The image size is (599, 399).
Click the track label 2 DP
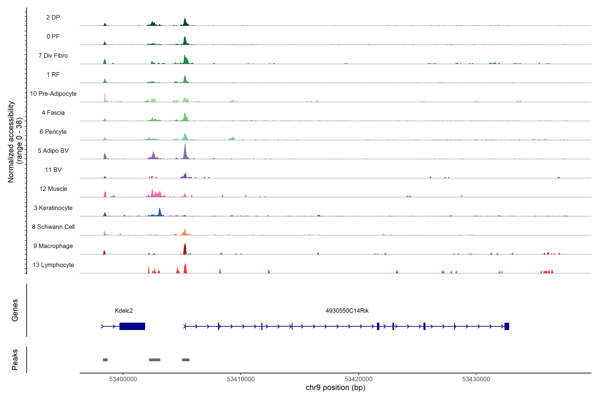[x=53, y=17]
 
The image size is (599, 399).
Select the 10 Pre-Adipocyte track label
[x=53, y=94]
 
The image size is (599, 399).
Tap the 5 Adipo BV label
[x=53, y=151]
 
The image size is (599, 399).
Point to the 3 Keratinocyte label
[x=53, y=208]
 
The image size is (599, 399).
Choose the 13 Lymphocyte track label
[x=53, y=265]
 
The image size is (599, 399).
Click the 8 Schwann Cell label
[x=53, y=227]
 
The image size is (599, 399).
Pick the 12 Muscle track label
[x=53, y=189]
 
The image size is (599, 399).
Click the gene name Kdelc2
[x=124, y=311]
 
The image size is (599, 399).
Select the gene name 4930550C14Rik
[x=347, y=311]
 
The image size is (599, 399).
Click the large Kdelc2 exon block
[x=132, y=326]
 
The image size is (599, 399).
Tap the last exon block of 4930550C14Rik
[x=507, y=326]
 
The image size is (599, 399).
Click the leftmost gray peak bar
[x=105, y=360]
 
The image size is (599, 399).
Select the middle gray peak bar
[x=155, y=360]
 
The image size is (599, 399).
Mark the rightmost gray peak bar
[x=186, y=360]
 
